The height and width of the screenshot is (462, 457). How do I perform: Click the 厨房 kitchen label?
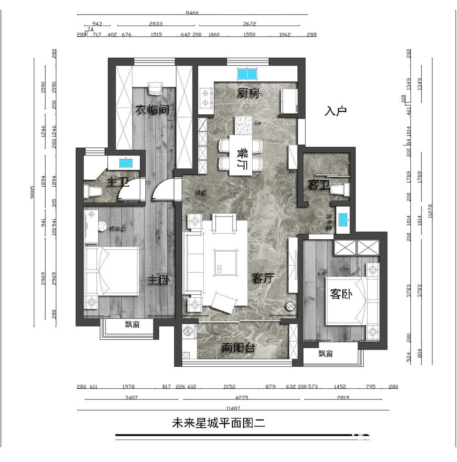[249, 94]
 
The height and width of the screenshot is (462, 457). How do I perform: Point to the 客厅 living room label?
[263, 278]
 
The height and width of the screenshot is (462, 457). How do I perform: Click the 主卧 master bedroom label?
[159, 280]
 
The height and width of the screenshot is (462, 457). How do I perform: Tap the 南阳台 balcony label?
[238, 348]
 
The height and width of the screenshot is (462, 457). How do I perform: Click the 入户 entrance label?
[336, 111]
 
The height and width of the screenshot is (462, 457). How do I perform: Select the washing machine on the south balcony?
[188, 331]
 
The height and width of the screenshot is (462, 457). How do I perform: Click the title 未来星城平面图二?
[218, 423]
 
